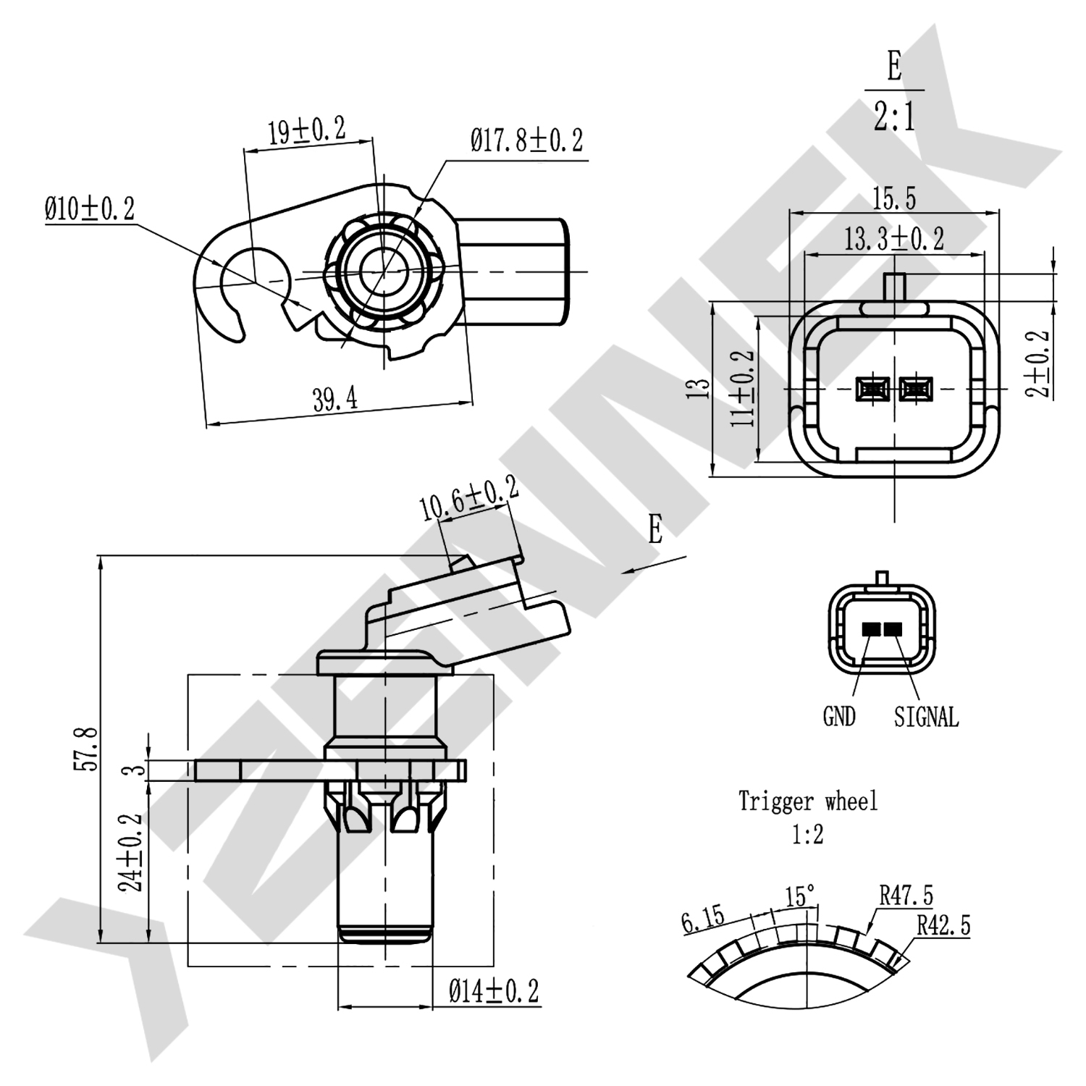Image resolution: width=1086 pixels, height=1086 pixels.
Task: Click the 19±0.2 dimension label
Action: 307,131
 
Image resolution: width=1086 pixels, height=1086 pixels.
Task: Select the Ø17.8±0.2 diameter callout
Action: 526,140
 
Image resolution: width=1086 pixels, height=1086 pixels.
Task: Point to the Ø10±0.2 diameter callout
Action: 89,209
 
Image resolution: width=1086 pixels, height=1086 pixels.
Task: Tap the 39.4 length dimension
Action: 334,399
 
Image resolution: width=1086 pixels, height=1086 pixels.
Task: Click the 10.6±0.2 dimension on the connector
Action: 470,499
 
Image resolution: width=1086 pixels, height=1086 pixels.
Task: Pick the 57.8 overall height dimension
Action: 85,749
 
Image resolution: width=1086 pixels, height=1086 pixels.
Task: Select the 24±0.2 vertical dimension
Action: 132,851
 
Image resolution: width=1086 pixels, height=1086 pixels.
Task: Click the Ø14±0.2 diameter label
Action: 494,990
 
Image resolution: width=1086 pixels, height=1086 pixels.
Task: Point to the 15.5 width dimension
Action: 893,198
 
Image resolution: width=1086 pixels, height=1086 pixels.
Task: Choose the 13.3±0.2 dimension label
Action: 893,238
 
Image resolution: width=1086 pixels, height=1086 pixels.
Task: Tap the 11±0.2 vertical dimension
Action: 743,388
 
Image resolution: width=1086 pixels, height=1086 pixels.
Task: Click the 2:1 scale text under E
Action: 894,116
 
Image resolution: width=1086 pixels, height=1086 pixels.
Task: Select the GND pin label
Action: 839,717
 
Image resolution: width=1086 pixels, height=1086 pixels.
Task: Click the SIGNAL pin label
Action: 926,717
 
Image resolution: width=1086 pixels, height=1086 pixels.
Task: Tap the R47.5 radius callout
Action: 906,896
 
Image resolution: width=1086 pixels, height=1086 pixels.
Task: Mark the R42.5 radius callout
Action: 943,925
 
